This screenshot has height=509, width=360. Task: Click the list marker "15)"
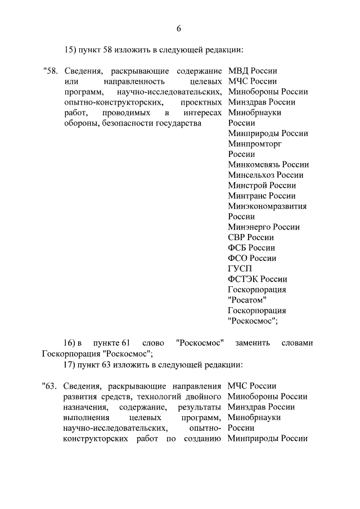pos(70,49)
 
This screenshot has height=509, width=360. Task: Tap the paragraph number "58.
pos(49,71)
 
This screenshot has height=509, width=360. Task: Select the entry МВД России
pos(253,71)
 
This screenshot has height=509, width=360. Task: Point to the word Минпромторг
pos(255,144)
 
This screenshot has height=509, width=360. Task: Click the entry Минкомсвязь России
pos(268,165)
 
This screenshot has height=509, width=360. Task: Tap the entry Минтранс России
pos(262,196)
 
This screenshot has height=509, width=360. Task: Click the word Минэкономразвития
pos(267,206)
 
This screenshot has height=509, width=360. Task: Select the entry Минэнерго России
pos(264,227)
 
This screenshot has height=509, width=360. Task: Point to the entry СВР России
pos(251,237)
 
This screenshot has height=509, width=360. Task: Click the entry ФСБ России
pos(251,248)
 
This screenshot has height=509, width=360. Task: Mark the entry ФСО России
pos(252,258)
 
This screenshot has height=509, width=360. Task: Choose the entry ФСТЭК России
pos(258,279)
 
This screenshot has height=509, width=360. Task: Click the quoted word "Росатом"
pos(247,300)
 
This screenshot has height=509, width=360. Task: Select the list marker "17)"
pos(70,364)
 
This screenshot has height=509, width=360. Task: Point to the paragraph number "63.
pos(49,386)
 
